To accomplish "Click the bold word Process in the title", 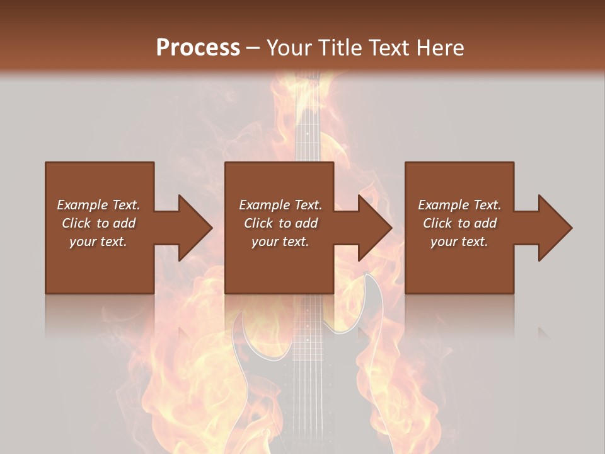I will click(198, 48).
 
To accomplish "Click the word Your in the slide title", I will click(289, 48).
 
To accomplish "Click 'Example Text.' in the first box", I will click(98, 205).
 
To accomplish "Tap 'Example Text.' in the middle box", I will click(280, 205).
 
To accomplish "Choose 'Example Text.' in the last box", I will click(459, 205).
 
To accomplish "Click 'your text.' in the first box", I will click(98, 242).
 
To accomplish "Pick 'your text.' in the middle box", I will click(280, 242).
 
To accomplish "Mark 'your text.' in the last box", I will click(459, 242).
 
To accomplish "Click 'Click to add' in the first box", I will click(98, 223).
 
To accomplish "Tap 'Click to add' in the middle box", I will click(280, 223).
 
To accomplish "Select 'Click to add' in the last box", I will click(459, 223).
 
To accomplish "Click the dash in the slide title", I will click(253, 48).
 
